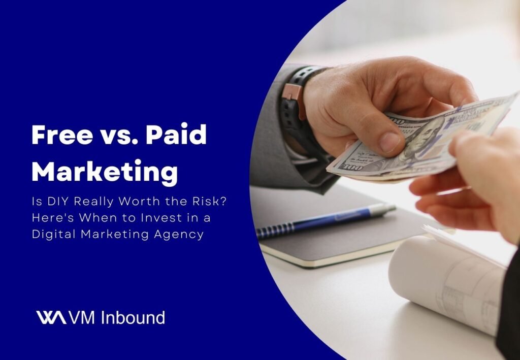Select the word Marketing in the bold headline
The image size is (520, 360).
coord(105,172)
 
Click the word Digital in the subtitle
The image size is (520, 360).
coord(52,234)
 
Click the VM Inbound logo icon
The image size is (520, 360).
coord(50,318)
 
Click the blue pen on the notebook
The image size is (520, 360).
coord(325,218)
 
